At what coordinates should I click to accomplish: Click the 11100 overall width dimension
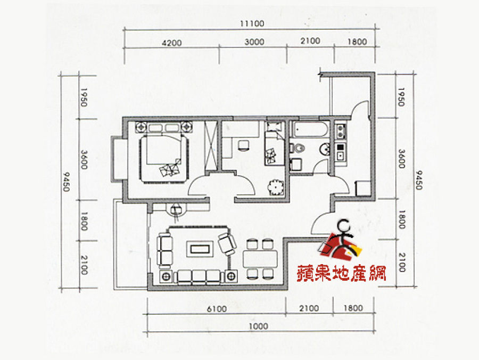[252, 23]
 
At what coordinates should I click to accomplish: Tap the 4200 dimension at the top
[172, 43]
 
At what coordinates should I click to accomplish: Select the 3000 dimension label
[254, 42]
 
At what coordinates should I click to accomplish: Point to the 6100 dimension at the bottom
[217, 309]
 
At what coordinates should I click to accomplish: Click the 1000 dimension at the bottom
[258, 326]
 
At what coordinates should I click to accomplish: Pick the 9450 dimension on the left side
[67, 182]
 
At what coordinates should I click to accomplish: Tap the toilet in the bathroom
[297, 148]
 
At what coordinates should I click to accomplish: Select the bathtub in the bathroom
[309, 129]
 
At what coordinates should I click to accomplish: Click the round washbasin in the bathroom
[325, 149]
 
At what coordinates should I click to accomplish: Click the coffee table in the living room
[200, 249]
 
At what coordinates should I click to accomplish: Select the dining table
[260, 259]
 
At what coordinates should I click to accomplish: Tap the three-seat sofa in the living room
[199, 277]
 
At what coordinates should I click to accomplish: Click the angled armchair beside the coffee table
[227, 244]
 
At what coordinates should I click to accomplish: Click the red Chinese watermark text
[341, 273]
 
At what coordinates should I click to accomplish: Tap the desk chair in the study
[243, 145]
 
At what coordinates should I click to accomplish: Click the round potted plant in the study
[276, 187]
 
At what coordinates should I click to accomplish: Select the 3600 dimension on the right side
[401, 159]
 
